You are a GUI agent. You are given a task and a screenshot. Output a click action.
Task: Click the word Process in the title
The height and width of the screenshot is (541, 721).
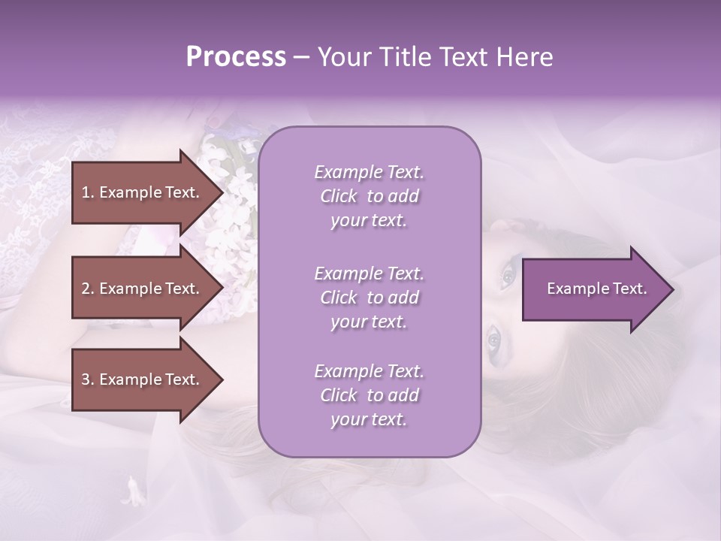(x=236, y=57)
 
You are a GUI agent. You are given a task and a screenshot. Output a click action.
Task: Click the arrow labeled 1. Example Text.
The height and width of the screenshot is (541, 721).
(x=143, y=192)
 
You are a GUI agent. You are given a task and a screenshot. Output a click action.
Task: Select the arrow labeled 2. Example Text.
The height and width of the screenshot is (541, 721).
(x=143, y=289)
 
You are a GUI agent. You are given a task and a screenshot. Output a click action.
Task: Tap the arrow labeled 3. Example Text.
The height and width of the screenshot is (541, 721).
(x=143, y=379)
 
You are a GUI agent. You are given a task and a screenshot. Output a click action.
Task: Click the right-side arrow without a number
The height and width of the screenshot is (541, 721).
(x=593, y=289)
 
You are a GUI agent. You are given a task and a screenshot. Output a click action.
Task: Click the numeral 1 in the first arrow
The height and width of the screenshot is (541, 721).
(x=86, y=192)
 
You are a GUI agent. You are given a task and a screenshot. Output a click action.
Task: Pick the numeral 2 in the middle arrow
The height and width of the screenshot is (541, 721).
(x=86, y=289)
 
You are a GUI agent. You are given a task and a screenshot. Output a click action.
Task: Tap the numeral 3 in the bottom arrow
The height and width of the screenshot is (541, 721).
(x=86, y=379)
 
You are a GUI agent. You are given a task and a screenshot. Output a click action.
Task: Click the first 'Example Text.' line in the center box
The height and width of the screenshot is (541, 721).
(x=369, y=172)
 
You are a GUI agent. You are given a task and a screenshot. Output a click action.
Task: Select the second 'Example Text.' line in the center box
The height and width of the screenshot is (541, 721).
(x=369, y=274)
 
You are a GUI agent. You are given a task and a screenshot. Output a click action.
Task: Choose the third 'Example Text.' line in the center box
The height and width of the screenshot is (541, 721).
(x=369, y=371)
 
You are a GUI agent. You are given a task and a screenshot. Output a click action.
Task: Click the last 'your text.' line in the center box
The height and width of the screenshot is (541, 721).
(x=369, y=420)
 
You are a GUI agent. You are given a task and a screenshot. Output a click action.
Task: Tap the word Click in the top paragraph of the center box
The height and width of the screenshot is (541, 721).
(x=339, y=196)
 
